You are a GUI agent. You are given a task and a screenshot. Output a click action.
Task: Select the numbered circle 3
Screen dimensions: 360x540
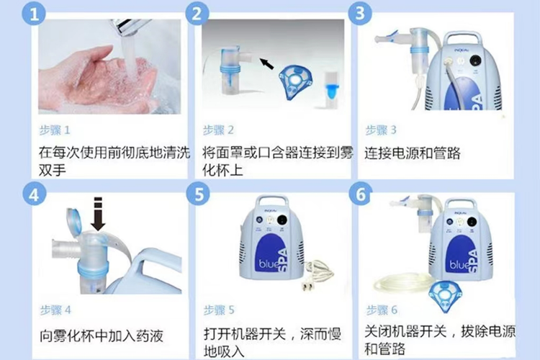[x=361, y=15]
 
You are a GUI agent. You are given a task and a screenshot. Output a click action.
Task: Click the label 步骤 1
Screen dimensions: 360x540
[x=55, y=130]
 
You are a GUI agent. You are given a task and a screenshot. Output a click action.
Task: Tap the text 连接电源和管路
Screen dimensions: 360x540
[x=413, y=153]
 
